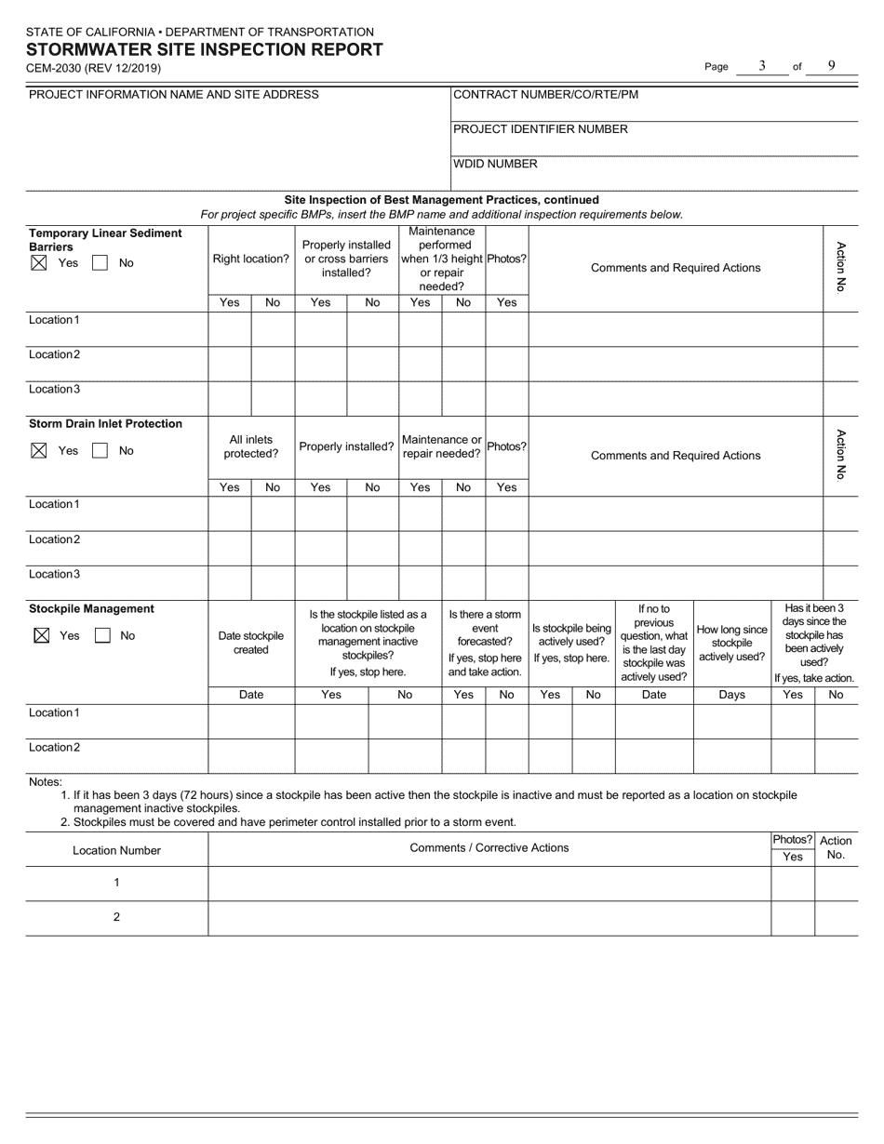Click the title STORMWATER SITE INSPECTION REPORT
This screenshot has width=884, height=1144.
[x=204, y=50]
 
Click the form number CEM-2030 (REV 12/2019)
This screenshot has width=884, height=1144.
[x=93, y=69]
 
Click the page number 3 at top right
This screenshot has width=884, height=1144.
[x=762, y=66]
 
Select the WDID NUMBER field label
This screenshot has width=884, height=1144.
[x=495, y=164]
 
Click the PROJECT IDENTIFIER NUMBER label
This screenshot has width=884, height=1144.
[x=540, y=129]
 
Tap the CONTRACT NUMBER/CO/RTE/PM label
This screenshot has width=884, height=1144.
[x=545, y=94]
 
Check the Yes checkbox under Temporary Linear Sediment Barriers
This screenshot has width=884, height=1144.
[x=39, y=263]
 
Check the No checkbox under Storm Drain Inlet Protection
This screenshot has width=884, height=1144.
[x=100, y=451]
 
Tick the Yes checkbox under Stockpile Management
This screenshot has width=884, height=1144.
[x=39, y=636]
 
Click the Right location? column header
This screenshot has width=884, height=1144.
[x=250, y=259]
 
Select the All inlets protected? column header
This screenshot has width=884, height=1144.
[x=250, y=446]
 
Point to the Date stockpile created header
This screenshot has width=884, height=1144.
[x=250, y=643]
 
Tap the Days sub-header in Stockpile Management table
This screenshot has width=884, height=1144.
[x=731, y=695]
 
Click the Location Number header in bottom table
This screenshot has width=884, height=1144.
[x=116, y=850]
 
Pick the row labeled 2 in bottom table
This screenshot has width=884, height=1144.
[x=116, y=917]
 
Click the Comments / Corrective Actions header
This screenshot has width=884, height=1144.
[x=489, y=848]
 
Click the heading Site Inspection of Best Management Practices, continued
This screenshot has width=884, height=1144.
[x=441, y=200]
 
